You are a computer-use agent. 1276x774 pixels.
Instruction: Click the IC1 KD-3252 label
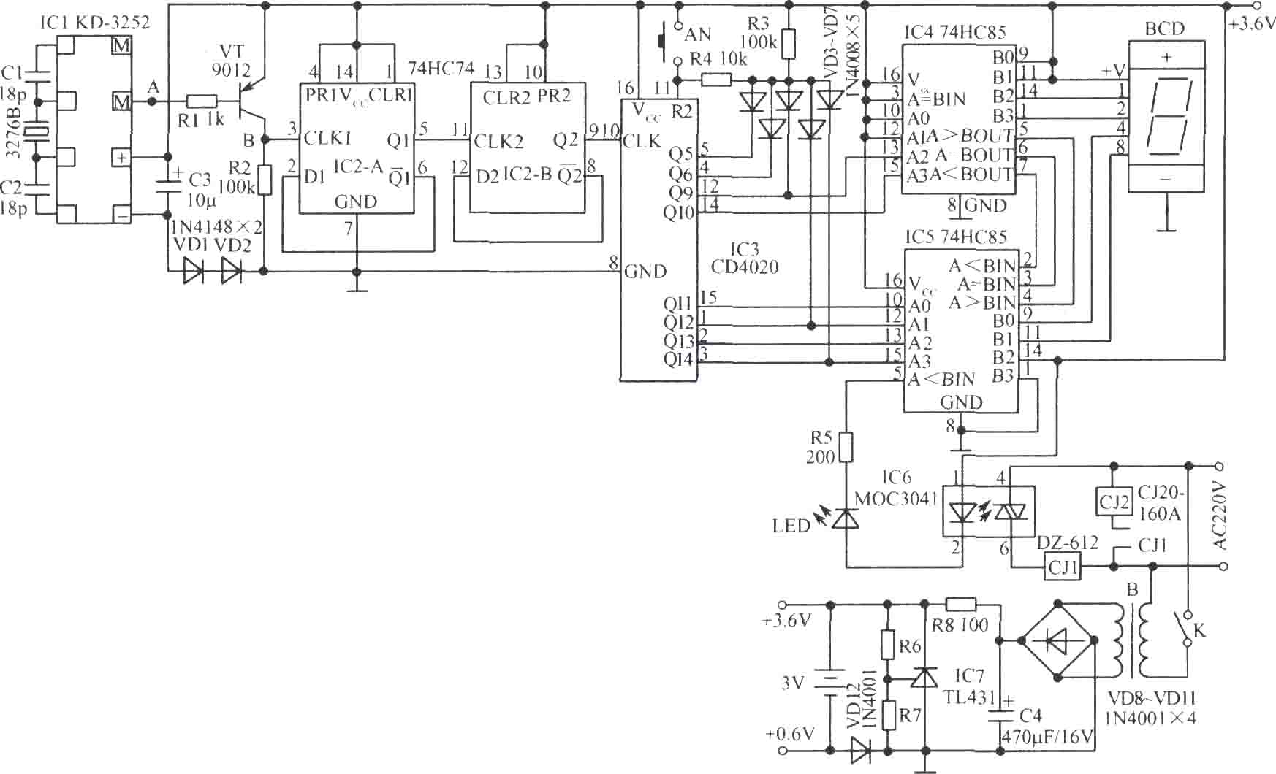tap(94, 23)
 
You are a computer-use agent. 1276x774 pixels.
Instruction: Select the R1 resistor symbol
tap(202, 102)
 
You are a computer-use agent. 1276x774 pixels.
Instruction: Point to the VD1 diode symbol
tap(194, 272)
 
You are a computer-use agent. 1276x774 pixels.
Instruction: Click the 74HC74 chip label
tap(441, 69)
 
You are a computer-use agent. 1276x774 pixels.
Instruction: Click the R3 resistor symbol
tap(788, 44)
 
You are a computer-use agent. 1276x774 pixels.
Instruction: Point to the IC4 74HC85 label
tap(954, 32)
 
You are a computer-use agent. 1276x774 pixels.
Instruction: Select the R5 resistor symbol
tap(846, 447)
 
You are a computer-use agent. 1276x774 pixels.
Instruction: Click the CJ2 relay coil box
tap(1114, 502)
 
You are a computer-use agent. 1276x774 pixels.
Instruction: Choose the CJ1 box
tap(1063, 566)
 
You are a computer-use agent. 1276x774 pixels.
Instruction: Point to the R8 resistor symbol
tap(960, 604)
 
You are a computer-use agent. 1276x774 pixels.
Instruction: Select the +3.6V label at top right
tap(1252, 23)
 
